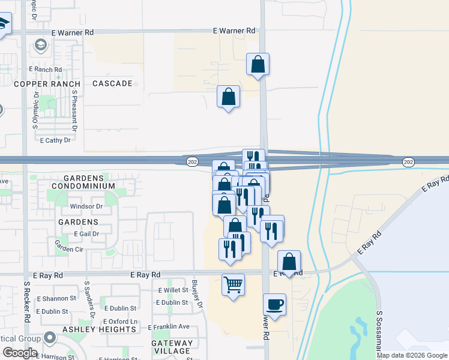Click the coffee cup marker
point(274,305)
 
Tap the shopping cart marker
point(233,284)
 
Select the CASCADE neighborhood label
point(112,83)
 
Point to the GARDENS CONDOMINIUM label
point(83,182)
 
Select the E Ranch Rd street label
point(49,70)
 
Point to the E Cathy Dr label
point(55,140)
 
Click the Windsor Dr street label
point(87,206)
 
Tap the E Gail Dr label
point(86,233)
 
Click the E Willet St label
point(173,290)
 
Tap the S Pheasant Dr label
point(75,110)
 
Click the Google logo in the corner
point(20,353)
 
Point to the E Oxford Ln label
point(121,322)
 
